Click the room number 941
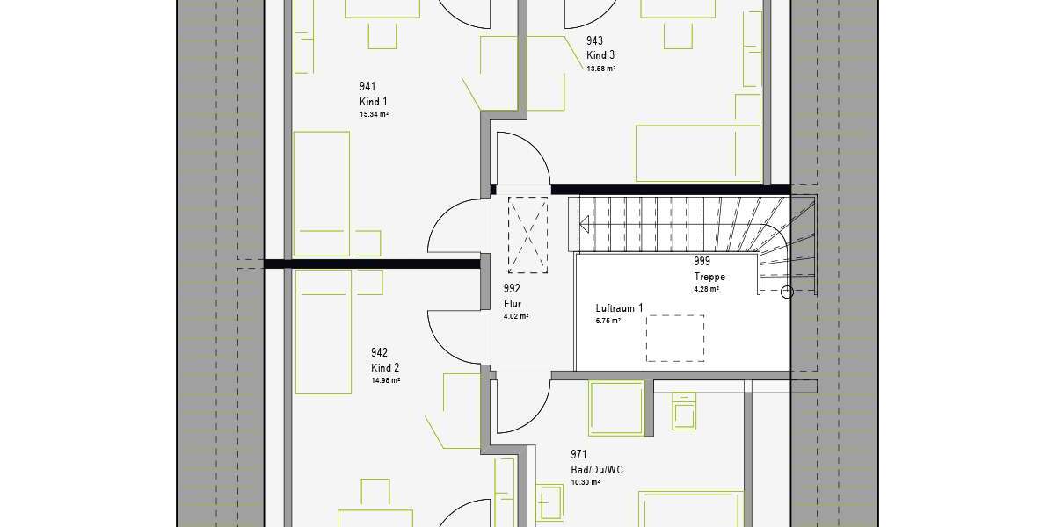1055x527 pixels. pos(367,86)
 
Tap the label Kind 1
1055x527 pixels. pos(373,102)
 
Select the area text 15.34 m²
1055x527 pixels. pos(375,115)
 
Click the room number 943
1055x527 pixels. pos(595,40)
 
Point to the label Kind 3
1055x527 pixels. pos(600,55)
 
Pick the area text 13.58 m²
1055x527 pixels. pos(601,69)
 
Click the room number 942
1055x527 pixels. pos(380,352)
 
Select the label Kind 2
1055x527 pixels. pos(385,368)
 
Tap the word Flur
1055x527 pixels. pos(513,304)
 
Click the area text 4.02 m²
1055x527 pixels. pos(516,316)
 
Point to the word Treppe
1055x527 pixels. pos(709,277)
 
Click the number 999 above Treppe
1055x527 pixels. pos(702,261)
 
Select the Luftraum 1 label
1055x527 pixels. pos(619,308)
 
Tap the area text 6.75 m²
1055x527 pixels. pos(608,321)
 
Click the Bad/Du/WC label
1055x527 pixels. pos(597,470)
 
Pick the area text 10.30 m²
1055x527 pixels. pos(585,482)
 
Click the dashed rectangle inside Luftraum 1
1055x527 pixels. pos(676,338)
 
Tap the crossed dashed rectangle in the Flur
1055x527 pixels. pos(529,233)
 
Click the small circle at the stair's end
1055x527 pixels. pos(787,292)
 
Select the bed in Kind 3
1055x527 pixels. pos(697,154)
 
